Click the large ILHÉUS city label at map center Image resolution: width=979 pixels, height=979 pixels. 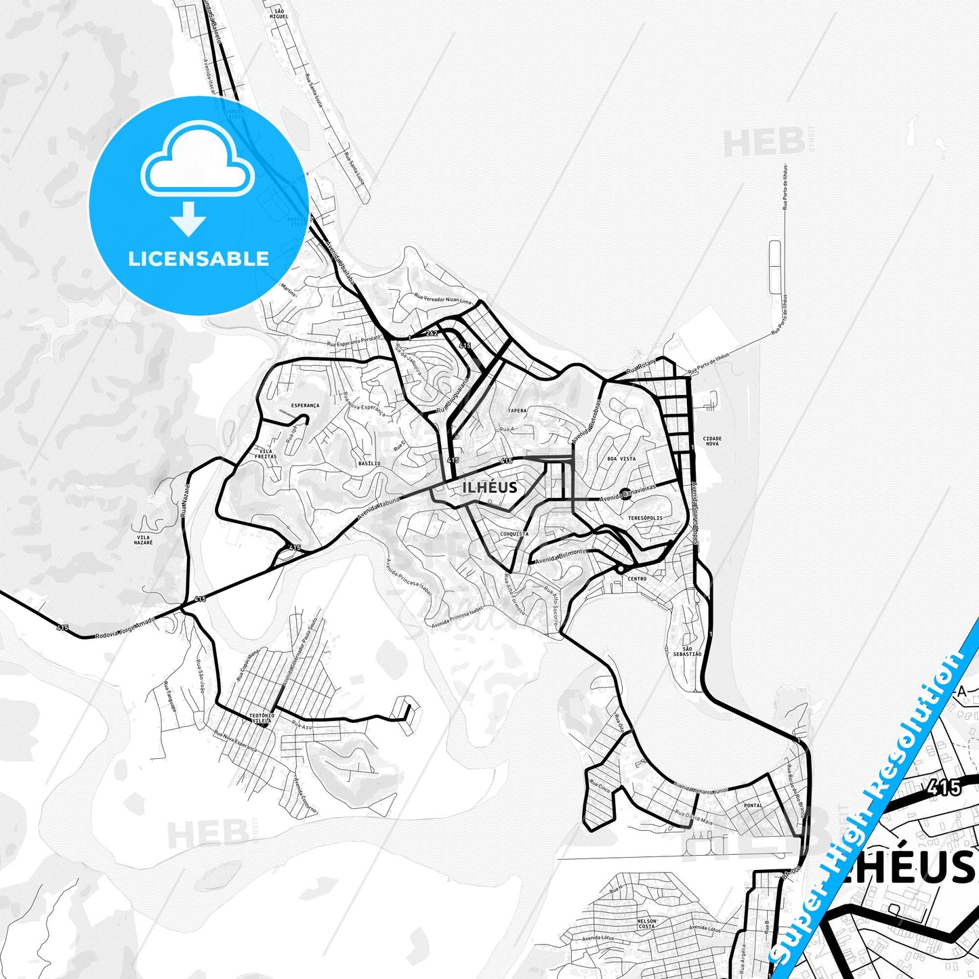pyautogui.click(x=489, y=487)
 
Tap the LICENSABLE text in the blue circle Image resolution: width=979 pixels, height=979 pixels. pyautogui.click(x=199, y=259)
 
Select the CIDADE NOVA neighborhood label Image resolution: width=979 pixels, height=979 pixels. pyautogui.click(x=712, y=441)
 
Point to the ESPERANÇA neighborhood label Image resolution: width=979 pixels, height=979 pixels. pyautogui.click(x=305, y=406)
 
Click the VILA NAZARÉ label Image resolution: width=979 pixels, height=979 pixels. pyautogui.click(x=144, y=540)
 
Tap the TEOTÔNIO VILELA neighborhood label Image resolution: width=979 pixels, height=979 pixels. pyautogui.click(x=262, y=718)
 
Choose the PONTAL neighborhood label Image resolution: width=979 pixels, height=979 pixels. pyautogui.click(x=753, y=806)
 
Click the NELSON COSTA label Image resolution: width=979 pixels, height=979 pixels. pyautogui.click(x=646, y=923)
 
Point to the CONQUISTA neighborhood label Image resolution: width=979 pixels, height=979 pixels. pyautogui.click(x=514, y=534)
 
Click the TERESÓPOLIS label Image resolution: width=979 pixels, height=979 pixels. pyautogui.click(x=645, y=518)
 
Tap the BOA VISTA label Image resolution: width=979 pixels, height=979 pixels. pyautogui.click(x=621, y=459)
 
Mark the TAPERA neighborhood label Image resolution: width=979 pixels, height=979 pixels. pyautogui.click(x=517, y=411)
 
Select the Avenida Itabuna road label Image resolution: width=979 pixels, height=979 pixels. pyautogui.click(x=379, y=509)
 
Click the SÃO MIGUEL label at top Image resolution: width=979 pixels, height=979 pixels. pyautogui.click(x=278, y=14)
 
